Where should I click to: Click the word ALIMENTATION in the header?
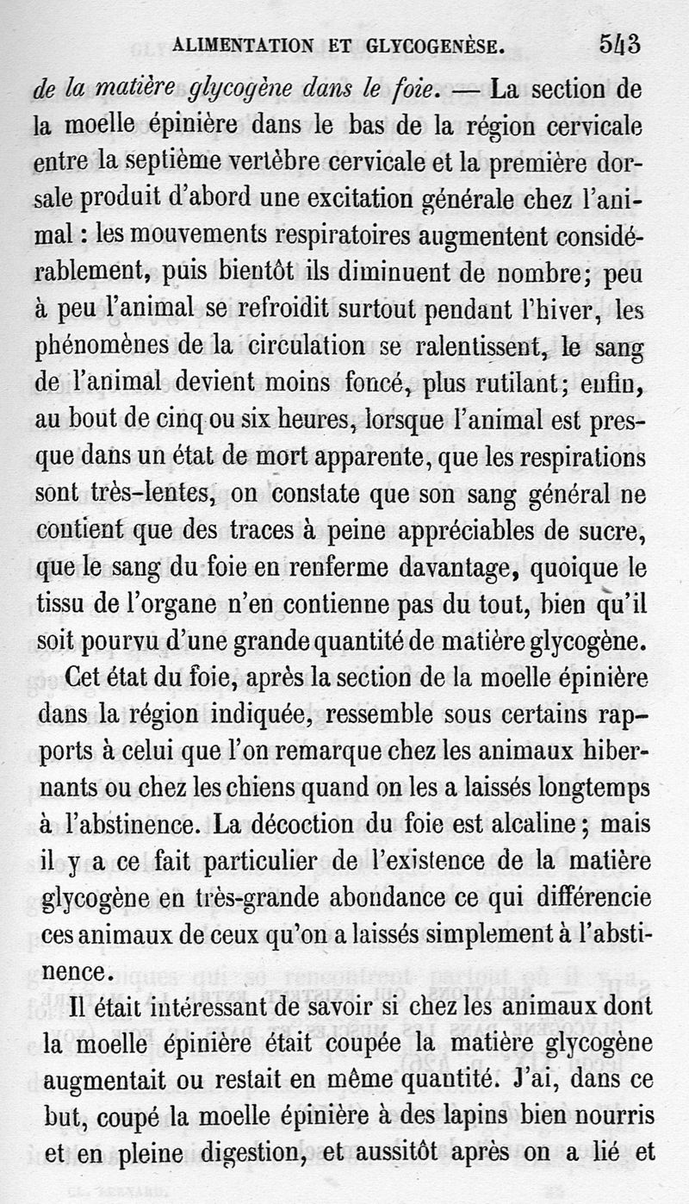[243, 47]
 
